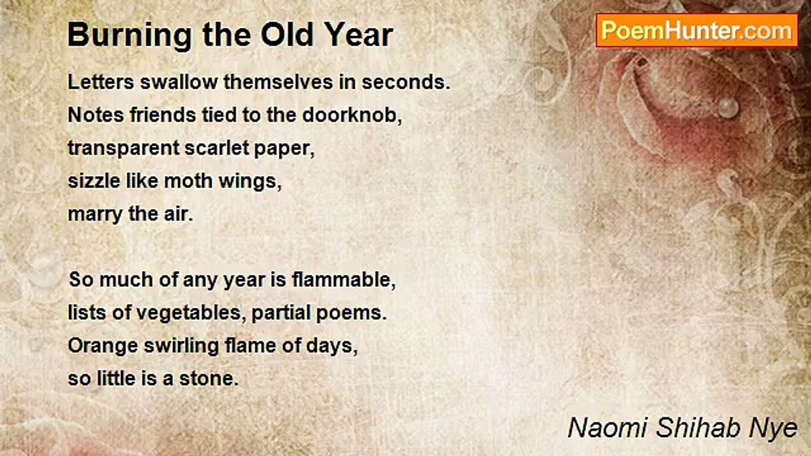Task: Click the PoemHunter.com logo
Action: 696,30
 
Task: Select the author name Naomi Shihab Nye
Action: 682,427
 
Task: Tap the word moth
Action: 188,181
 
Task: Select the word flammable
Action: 343,280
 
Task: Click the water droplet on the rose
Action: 728,107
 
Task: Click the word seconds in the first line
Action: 410,82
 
